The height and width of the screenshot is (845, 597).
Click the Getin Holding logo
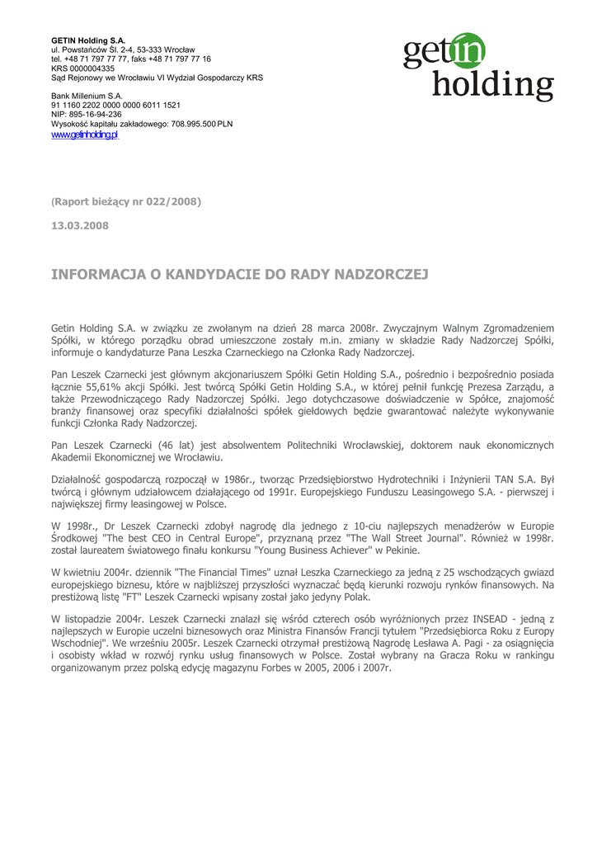(477, 66)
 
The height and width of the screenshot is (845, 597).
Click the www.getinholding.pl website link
(85, 135)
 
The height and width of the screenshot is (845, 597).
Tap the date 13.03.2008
(80, 224)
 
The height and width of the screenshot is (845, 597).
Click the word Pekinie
(400, 550)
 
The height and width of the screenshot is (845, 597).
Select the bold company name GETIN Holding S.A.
(88, 40)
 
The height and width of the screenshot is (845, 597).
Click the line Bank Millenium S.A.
(87, 97)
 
